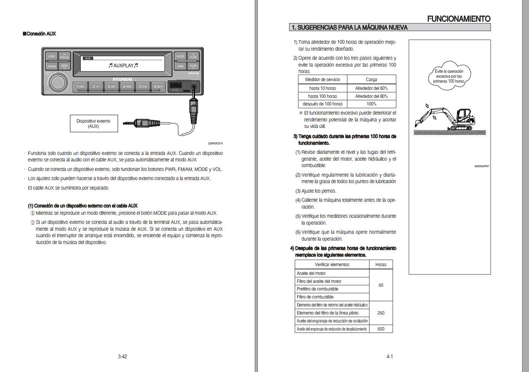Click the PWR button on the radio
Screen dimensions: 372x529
tap(51, 56)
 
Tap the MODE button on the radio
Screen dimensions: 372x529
tap(180, 56)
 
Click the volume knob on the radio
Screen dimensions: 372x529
tap(57, 83)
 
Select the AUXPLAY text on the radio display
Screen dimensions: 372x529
tap(123, 65)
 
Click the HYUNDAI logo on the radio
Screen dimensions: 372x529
tap(122, 79)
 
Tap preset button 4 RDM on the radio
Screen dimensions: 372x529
tap(127, 87)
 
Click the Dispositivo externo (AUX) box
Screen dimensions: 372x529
tap(94, 124)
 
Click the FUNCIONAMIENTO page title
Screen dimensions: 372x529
tap(459, 19)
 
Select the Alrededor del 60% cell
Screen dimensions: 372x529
tap(371, 88)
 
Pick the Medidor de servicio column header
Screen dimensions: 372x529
tap(323, 80)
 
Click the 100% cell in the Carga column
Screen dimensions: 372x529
tap(371, 104)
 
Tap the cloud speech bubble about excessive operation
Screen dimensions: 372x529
tap(449, 76)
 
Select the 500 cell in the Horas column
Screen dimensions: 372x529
tap(381, 329)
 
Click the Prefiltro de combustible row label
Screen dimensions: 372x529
tap(318, 289)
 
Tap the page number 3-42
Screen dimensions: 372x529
tap(122, 357)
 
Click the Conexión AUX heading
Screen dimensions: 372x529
tap(40, 34)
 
